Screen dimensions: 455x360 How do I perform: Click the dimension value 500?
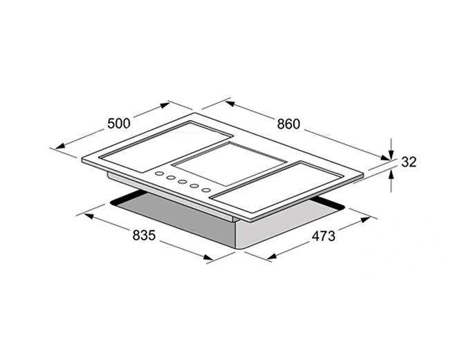tap(119, 124)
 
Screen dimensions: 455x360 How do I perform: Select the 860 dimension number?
tap(288, 124)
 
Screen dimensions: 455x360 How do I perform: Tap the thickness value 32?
tap(409, 162)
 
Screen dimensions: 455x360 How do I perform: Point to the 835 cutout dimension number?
tap(144, 235)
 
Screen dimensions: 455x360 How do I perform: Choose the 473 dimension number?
tap(323, 236)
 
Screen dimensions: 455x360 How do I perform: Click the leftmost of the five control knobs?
tap(159, 173)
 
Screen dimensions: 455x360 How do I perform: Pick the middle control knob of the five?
tap(183, 182)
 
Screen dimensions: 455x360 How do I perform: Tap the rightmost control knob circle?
tap(206, 190)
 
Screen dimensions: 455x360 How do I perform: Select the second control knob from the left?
tap(171, 178)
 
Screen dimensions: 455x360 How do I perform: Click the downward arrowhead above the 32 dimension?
tap(391, 154)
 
